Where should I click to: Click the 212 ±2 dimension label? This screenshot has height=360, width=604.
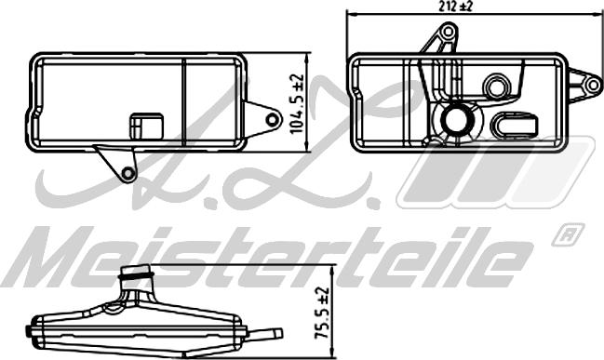(455, 7)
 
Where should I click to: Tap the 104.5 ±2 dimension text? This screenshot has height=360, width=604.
(297, 104)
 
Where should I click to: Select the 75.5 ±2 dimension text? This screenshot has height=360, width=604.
(322, 313)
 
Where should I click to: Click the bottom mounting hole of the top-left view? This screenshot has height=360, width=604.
(128, 174)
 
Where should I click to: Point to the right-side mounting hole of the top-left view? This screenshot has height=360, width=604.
(273, 120)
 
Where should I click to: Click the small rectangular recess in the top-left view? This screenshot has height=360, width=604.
(146, 126)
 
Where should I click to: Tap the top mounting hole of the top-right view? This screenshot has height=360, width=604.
(448, 32)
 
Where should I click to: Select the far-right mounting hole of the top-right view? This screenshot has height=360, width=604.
(593, 85)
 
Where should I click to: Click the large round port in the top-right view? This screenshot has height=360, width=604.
(458, 118)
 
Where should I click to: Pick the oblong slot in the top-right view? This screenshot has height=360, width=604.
(513, 126)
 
